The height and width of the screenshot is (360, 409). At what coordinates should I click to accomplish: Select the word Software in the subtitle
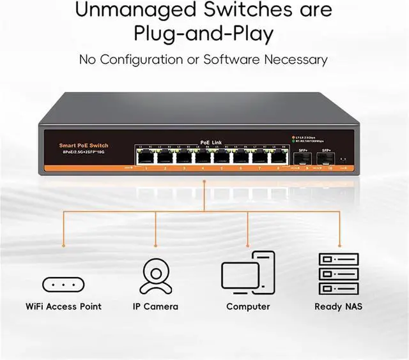pyautogui.click(x=232, y=60)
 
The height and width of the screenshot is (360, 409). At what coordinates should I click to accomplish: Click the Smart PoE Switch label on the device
pyautogui.click(x=84, y=146)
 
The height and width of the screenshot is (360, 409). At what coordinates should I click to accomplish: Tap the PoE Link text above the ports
pyautogui.click(x=210, y=142)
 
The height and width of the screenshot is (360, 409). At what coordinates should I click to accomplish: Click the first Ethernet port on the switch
pyautogui.click(x=144, y=156)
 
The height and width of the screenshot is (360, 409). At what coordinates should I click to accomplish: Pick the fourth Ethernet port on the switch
pyautogui.click(x=201, y=156)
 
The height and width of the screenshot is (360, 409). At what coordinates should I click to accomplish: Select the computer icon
pyautogui.click(x=248, y=273)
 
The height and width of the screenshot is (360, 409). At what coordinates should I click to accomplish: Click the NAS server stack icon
pyautogui.click(x=339, y=273)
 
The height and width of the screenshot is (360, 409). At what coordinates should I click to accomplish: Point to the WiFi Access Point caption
pyautogui.click(x=64, y=306)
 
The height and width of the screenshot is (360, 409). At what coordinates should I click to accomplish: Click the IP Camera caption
pyautogui.click(x=155, y=306)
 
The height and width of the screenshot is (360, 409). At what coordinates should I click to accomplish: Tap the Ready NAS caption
pyautogui.click(x=339, y=306)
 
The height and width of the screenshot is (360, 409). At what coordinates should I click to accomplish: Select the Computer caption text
pyautogui.click(x=248, y=306)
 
